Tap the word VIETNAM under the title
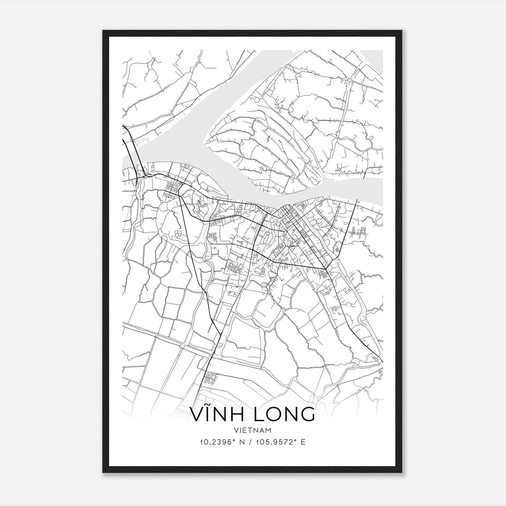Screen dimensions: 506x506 [x=253, y=430]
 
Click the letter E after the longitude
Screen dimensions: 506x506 [x=303, y=442]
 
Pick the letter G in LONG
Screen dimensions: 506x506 [x=307, y=414]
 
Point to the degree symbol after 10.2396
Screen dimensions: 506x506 [x=234, y=440]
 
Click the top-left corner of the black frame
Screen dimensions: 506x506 [x=103, y=31]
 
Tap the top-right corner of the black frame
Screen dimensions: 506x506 [x=402, y=31]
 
